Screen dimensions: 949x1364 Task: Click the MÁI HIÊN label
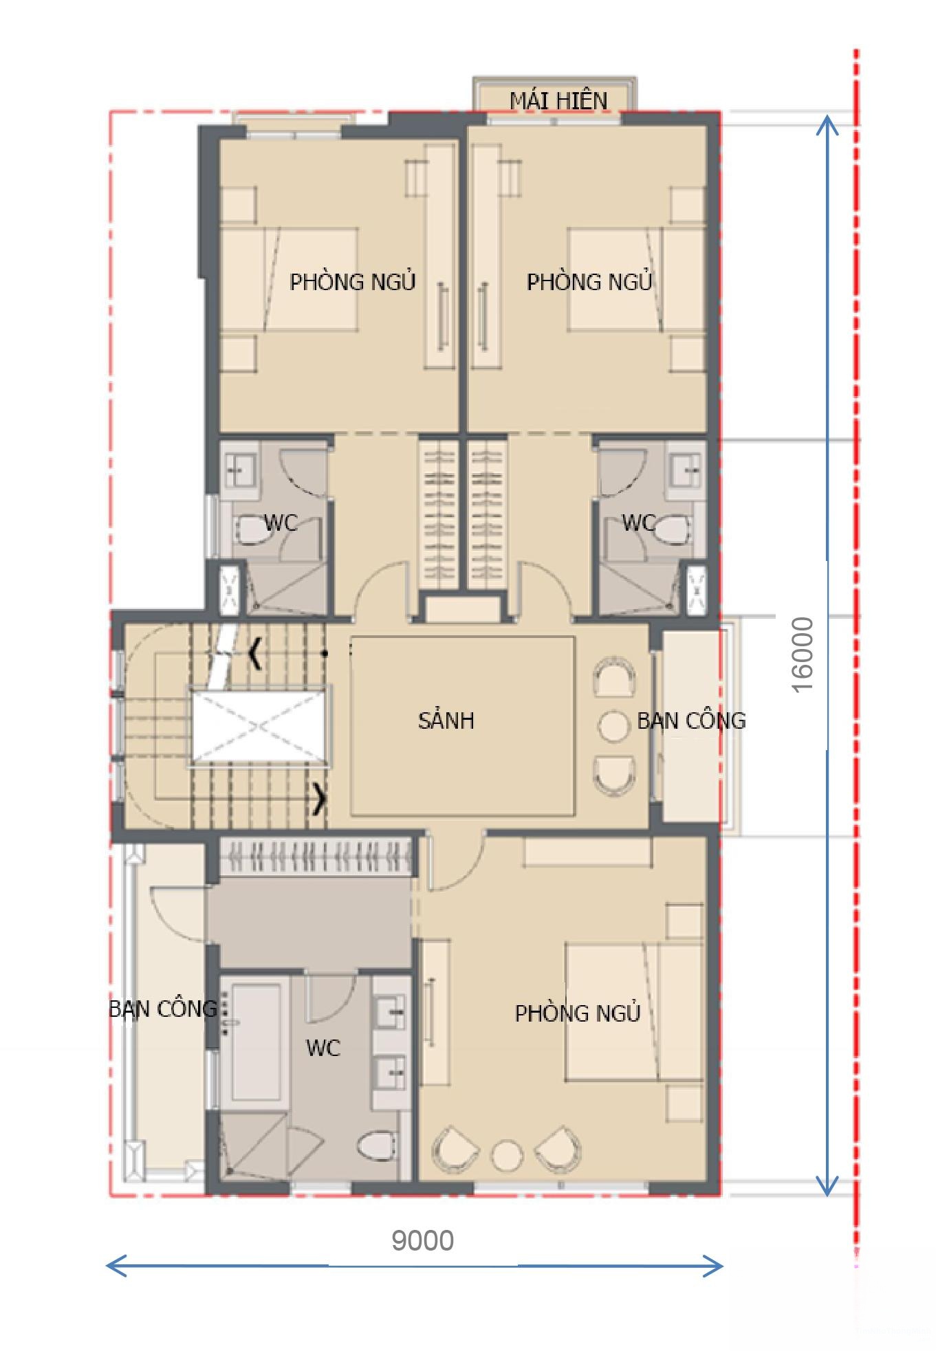558,100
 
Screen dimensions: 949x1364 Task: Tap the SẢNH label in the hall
446,720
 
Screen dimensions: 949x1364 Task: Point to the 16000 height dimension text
802,654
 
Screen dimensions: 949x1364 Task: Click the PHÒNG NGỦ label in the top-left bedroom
353,281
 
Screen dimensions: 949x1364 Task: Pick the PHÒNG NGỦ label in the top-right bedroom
589,281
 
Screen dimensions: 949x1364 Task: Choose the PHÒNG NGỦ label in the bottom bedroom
578,1013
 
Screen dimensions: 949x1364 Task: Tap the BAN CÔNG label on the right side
691,720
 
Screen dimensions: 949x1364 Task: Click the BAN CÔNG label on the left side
163,1009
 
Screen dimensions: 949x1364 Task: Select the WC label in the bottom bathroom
323,1048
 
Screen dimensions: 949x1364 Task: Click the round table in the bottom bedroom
506,1156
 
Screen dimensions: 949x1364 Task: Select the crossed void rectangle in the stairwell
259,726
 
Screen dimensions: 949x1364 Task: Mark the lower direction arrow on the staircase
320,799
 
